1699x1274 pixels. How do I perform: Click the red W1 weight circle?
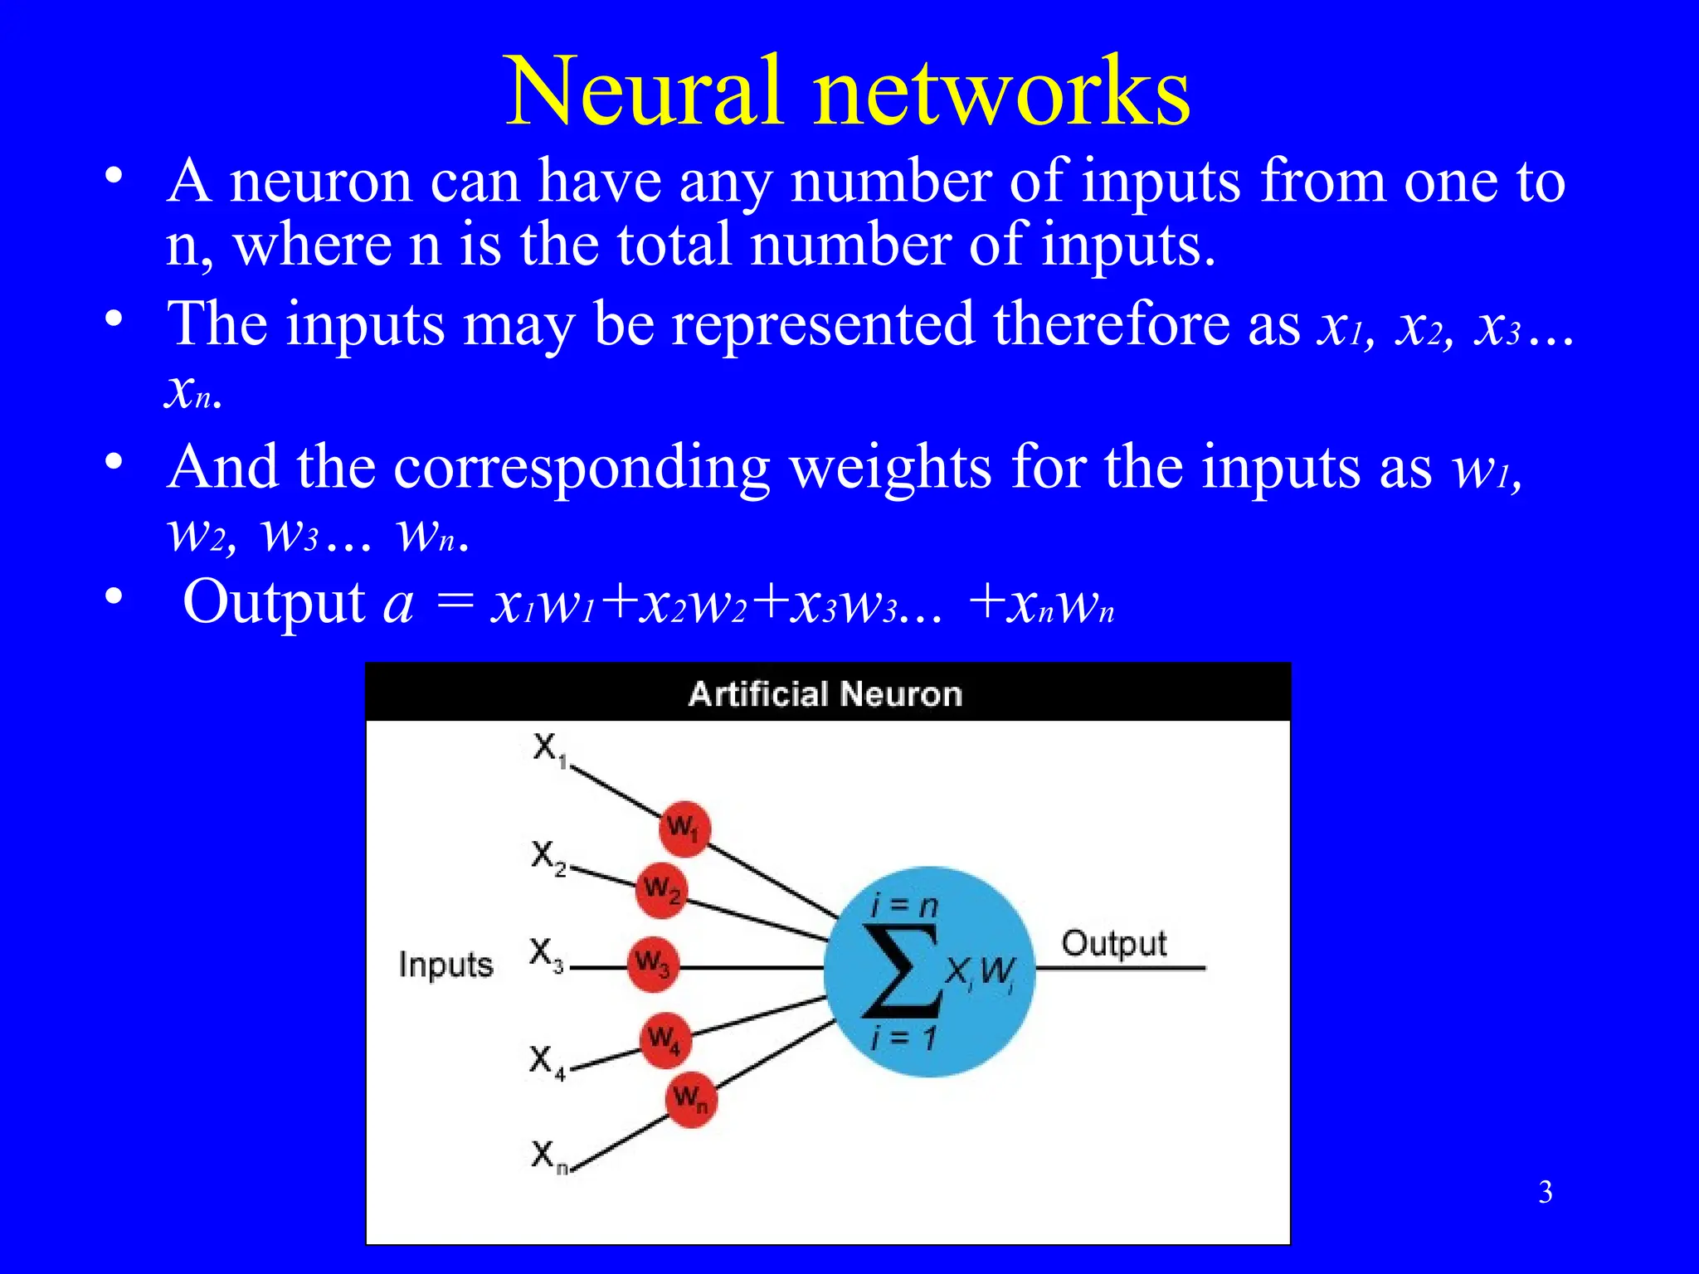pos(684,828)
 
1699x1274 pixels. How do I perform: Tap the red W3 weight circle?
pos(653,965)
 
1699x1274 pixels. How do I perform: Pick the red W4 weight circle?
pos(665,1038)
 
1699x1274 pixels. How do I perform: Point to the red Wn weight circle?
pos(690,1100)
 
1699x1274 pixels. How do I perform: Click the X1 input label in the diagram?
pos(549,749)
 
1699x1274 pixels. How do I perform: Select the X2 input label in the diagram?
pos(548,856)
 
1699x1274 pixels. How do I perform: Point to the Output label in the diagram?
pos(1113,944)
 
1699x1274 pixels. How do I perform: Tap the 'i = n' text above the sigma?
pos(904,905)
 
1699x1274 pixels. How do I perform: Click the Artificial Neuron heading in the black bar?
pos(825,693)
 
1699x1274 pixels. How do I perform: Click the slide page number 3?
pos(1546,1192)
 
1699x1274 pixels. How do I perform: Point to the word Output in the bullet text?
pos(274,601)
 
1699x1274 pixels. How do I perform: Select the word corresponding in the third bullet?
pos(582,467)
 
